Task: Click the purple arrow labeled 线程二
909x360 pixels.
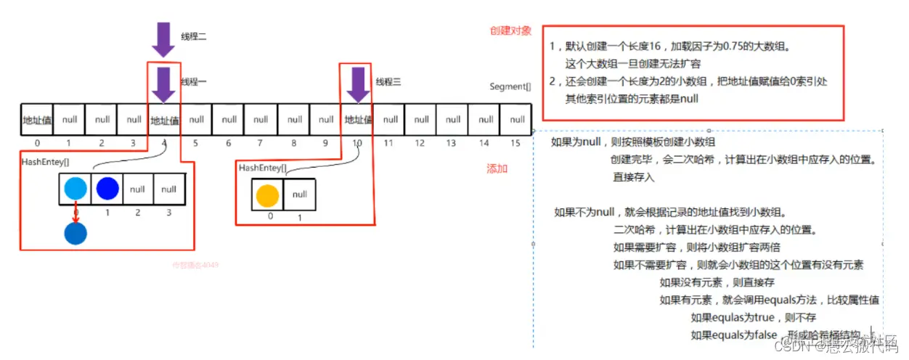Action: point(163,38)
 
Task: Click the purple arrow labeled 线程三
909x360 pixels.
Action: point(357,84)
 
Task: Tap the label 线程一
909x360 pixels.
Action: point(194,82)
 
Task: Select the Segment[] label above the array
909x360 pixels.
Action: point(510,86)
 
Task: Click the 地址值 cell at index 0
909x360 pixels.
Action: point(36,120)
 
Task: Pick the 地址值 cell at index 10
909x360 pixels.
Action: point(358,120)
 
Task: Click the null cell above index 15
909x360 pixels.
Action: point(516,120)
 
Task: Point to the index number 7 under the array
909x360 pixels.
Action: point(261,143)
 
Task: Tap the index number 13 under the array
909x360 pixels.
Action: point(452,143)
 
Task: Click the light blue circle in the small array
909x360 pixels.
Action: point(76,189)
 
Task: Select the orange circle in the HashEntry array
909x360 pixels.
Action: point(267,195)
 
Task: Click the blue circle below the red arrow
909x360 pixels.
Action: point(76,233)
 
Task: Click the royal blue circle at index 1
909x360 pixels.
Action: point(107,189)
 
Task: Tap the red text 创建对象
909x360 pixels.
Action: point(510,31)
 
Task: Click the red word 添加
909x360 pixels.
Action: point(497,168)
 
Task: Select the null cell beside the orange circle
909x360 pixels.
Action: point(300,195)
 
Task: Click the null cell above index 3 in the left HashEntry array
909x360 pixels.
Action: point(169,189)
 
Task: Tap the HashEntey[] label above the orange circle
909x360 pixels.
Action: point(262,168)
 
